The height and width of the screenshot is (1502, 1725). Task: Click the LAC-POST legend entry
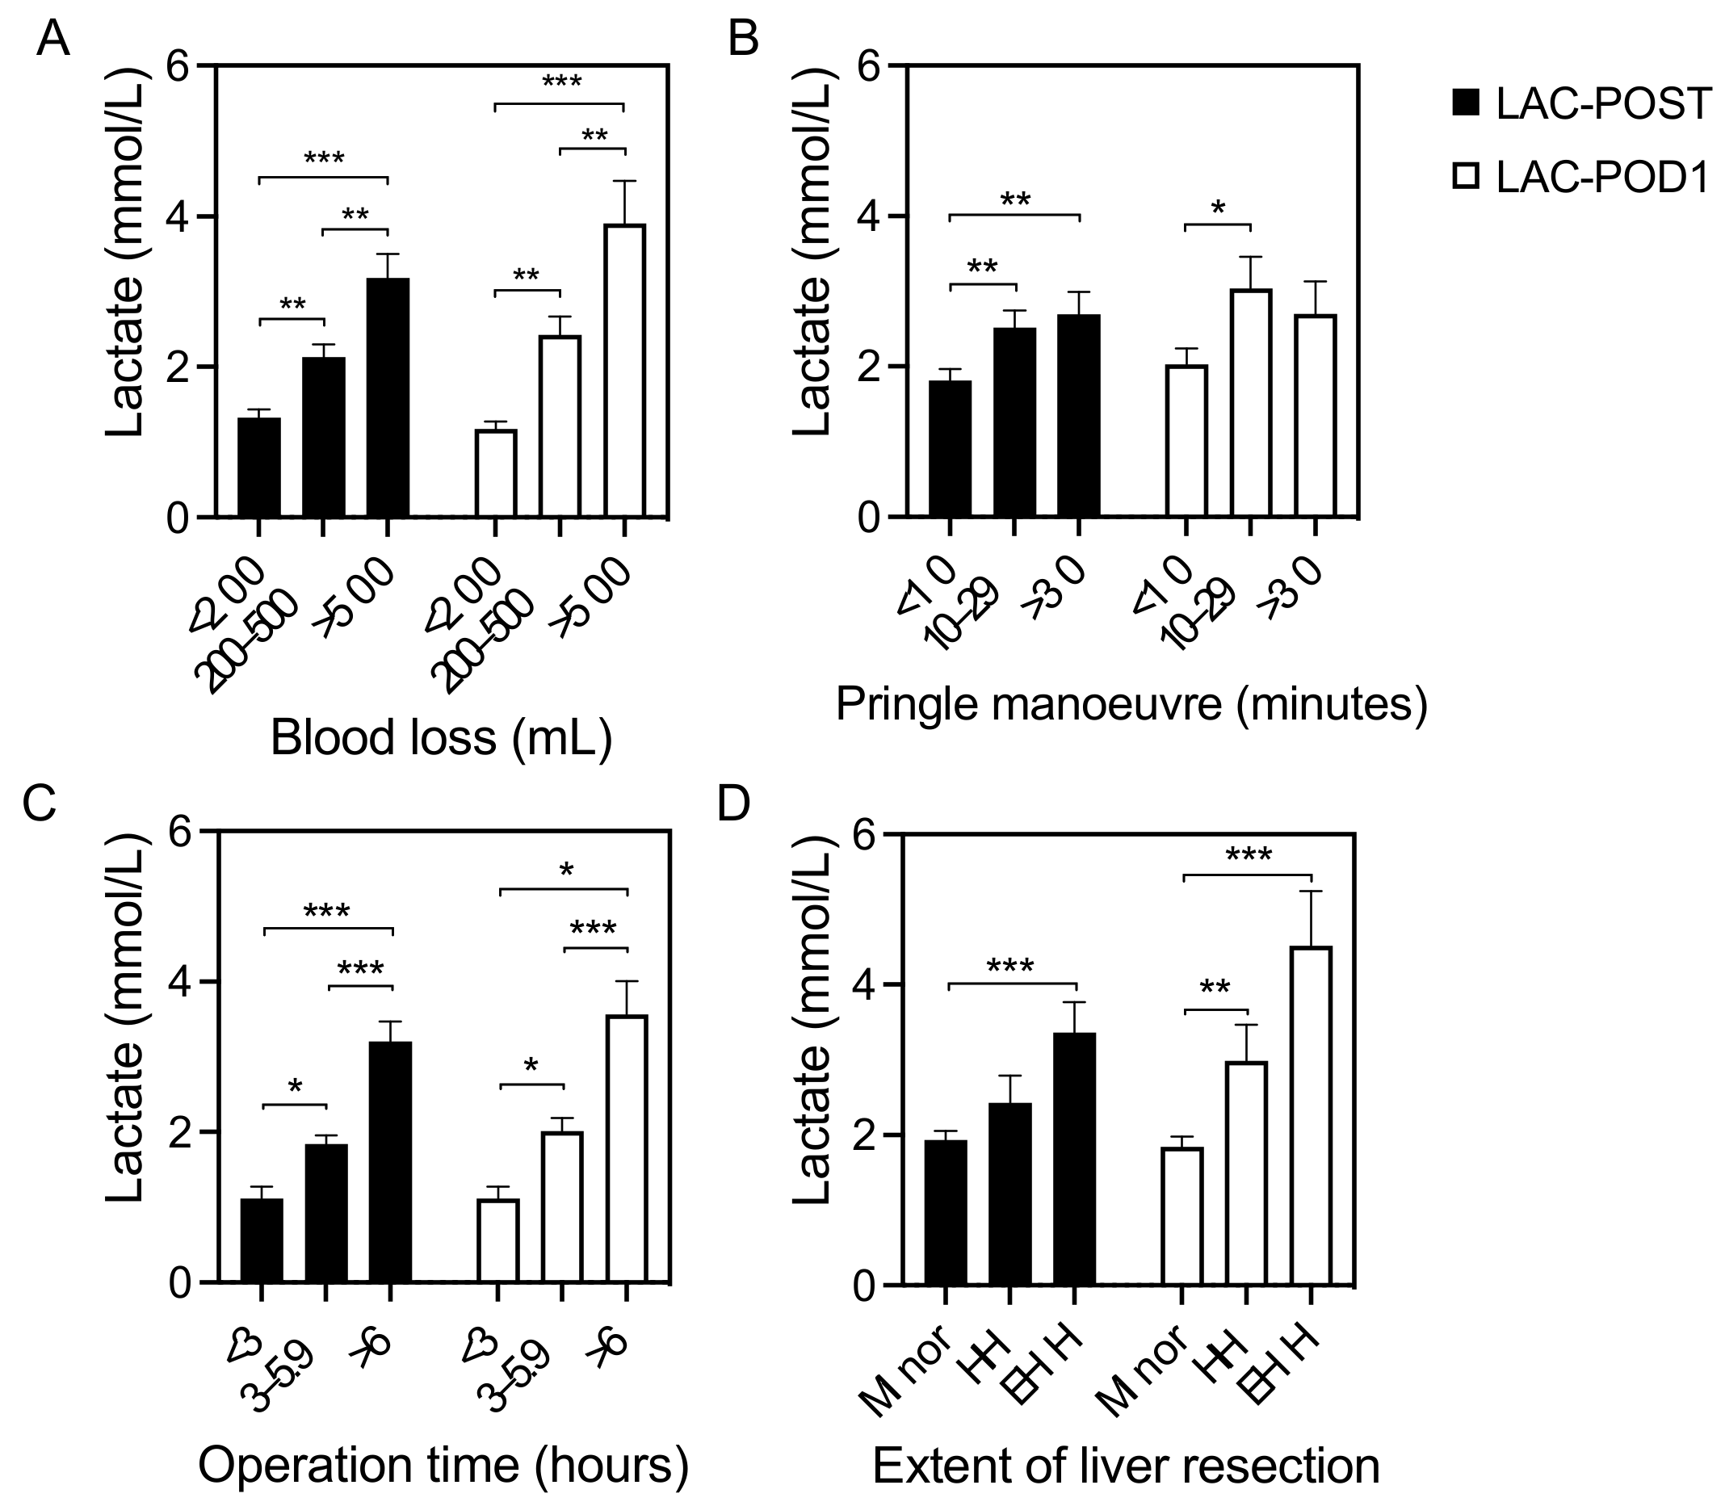(1580, 105)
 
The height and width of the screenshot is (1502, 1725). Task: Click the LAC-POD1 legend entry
(1580, 178)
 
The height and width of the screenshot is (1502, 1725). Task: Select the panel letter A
(52, 40)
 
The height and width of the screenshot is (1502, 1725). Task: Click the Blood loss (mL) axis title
(441, 738)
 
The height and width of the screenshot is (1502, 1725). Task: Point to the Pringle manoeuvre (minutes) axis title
(1131, 704)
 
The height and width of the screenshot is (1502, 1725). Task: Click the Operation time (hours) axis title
(443, 1464)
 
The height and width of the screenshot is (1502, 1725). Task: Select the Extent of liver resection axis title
(1126, 1466)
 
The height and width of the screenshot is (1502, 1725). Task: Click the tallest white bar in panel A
(624, 370)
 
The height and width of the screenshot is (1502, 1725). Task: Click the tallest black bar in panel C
(391, 1162)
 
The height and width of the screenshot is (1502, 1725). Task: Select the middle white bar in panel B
(1250, 402)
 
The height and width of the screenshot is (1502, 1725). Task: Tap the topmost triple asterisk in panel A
(560, 82)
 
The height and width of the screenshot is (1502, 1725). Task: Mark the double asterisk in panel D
(1215, 988)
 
